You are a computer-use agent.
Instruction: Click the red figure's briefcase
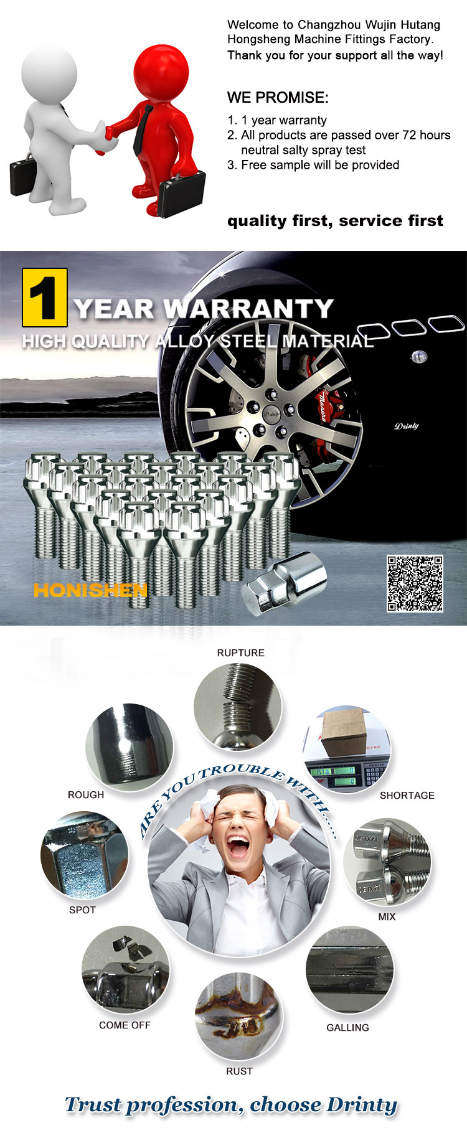[181, 193]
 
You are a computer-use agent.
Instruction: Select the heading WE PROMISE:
[278, 98]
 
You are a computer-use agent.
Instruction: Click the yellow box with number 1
[45, 298]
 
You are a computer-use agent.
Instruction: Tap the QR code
[415, 583]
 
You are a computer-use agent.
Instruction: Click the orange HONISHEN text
[90, 590]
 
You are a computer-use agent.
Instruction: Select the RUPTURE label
[241, 652]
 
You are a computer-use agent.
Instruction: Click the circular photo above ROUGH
[130, 747]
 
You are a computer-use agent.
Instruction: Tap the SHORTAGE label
[407, 795]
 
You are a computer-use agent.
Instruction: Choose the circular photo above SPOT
[85, 854]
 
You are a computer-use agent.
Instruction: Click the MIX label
[387, 916]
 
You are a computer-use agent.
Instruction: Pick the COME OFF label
[125, 1025]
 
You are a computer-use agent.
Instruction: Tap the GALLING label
[348, 1027]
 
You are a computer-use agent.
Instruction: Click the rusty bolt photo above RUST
[239, 1016]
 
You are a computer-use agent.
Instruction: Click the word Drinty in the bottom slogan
[362, 1105]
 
